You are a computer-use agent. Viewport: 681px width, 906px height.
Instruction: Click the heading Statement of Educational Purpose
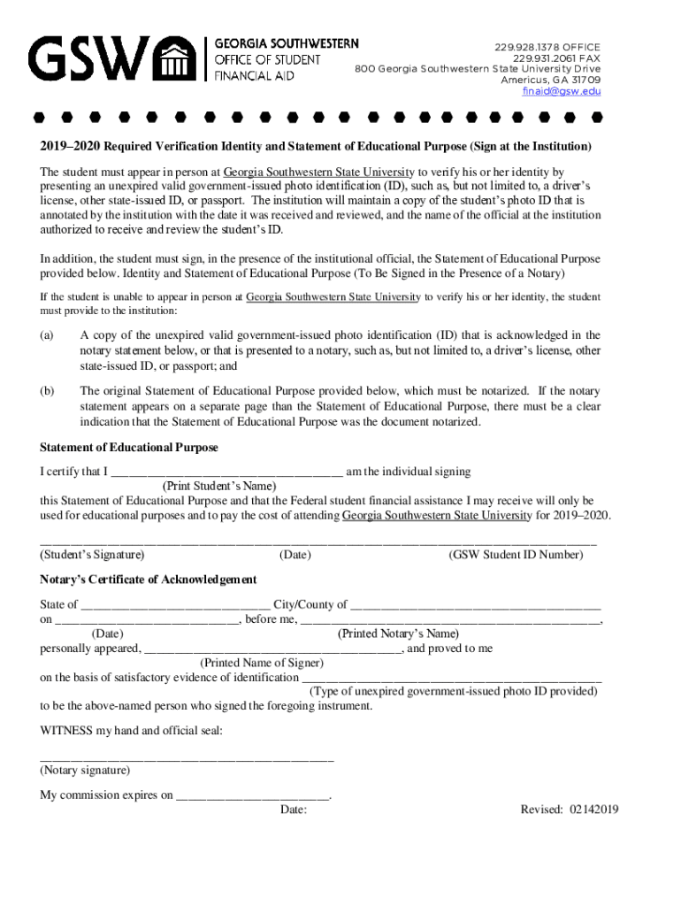(129, 449)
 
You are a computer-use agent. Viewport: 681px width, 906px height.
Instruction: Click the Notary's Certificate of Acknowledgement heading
(149, 580)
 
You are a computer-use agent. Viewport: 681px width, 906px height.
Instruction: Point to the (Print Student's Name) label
(219, 486)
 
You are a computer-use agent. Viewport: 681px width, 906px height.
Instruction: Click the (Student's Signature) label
(92, 556)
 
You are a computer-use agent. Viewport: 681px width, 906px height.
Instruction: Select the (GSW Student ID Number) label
(516, 556)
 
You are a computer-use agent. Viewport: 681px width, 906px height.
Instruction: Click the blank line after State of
(175, 606)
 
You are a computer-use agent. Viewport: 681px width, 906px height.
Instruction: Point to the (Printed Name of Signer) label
(262, 663)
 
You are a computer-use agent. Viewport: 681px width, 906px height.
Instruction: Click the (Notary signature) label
(85, 771)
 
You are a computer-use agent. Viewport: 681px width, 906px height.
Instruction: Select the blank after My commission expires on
(253, 795)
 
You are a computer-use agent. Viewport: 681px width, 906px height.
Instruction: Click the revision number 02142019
(594, 810)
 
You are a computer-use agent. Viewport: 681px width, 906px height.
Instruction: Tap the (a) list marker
(47, 335)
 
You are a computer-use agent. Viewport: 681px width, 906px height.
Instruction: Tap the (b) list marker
(47, 391)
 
